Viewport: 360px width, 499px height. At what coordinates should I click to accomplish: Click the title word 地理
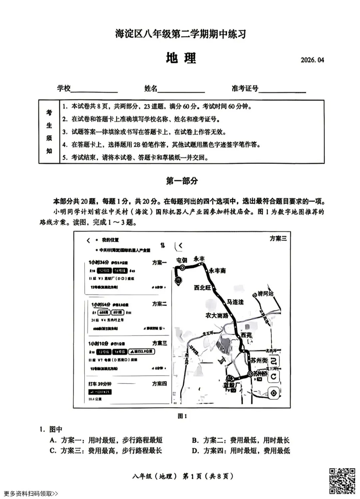click(x=181, y=58)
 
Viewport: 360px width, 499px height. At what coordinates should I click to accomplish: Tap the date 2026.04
click(x=312, y=60)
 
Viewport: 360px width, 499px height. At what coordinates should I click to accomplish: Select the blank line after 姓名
click(x=181, y=91)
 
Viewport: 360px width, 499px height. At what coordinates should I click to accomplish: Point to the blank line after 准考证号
click(x=282, y=91)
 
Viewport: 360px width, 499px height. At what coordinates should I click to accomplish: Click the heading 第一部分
click(x=182, y=181)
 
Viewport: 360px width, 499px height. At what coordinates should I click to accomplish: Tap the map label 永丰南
click(x=217, y=271)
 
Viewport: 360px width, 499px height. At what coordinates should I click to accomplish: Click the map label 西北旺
click(x=203, y=288)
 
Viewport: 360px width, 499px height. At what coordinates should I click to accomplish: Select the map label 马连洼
click(x=235, y=302)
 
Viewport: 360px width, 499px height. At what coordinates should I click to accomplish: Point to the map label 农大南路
click(x=217, y=315)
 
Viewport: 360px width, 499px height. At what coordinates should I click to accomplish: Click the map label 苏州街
click(x=259, y=361)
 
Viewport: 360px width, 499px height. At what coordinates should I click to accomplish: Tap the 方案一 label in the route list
click(x=159, y=263)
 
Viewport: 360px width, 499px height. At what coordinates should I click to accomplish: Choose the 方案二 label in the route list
click(x=159, y=304)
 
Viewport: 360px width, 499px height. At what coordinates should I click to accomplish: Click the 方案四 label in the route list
click(x=159, y=384)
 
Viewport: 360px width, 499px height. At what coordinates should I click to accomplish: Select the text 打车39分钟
click(x=99, y=384)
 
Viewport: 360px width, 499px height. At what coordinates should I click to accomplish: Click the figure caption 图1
click(x=182, y=416)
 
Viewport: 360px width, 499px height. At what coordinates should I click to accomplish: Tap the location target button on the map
click(x=273, y=394)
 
